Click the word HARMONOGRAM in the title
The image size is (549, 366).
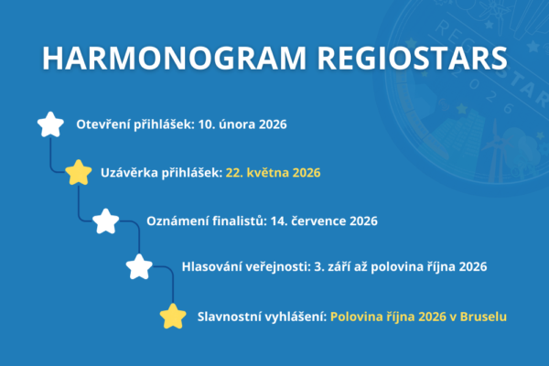point(174,58)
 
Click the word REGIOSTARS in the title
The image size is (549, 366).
point(412,58)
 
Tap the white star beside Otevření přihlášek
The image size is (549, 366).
point(50,124)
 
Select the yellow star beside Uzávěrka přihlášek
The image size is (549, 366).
point(79,172)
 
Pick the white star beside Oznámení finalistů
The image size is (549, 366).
point(106,221)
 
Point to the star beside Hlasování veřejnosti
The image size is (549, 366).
point(139,266)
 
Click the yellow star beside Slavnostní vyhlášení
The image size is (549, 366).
point(173,317)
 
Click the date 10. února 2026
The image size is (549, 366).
point(242,124)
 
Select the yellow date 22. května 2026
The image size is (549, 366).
point(273,173)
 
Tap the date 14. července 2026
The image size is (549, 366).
point(324,221)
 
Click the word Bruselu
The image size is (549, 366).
point(483,317)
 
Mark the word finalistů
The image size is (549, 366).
point(240,221)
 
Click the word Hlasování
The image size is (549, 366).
point(211,266)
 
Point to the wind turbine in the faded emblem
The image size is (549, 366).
point(494,151)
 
